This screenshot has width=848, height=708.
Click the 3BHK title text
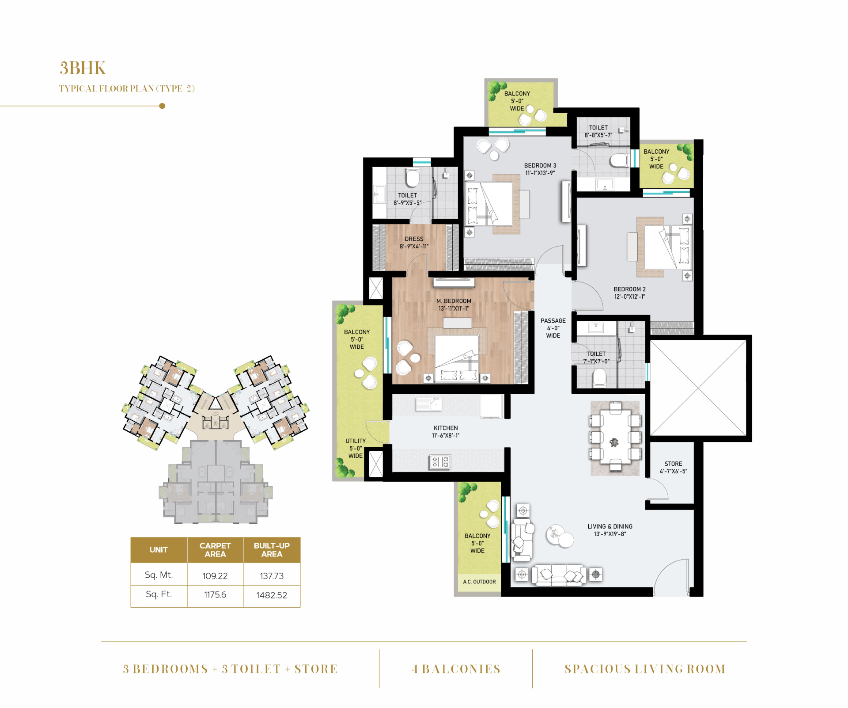point(83,68)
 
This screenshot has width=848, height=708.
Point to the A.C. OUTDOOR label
point(479,582)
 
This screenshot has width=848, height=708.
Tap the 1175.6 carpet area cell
point(215,595)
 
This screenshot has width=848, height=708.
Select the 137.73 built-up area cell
point(272,576)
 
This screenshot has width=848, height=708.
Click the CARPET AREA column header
point(215,550)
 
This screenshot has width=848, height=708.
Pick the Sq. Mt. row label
point(159,575)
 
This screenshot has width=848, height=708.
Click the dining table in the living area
point(614,437)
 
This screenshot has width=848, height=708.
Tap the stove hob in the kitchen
point(440,462)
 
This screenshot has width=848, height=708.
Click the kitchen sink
point(428,404)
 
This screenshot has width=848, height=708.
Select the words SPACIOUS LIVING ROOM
point(645,669)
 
